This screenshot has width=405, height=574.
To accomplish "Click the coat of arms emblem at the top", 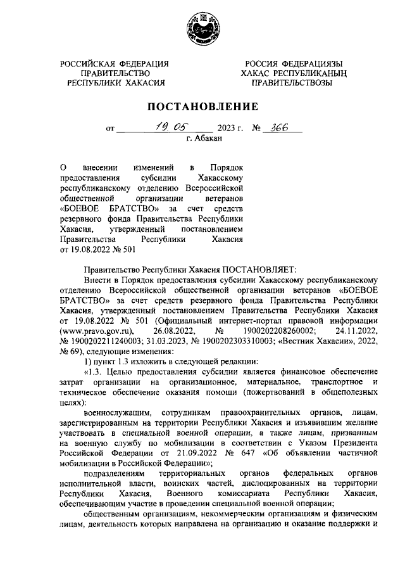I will [202, 30].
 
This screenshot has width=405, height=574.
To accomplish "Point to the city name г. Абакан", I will [202, 137].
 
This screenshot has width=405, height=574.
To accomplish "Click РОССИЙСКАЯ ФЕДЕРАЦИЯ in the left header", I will [115, 64].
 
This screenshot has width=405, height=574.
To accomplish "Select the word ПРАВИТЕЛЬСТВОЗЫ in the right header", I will [290, 82].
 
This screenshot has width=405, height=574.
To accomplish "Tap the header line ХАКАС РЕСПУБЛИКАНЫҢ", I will [290, 73].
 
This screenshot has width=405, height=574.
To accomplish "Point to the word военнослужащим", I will [117, 412].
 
